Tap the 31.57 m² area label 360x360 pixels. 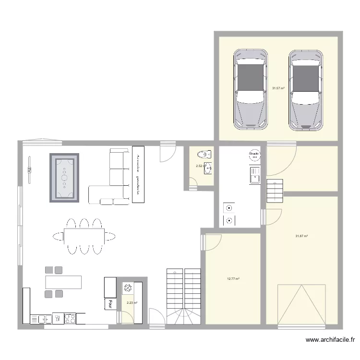[278, 88]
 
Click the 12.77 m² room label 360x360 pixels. [233, 278]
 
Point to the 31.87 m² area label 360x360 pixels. [301, 236]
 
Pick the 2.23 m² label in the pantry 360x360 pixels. [132, 303]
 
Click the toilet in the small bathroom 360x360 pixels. [204, 155]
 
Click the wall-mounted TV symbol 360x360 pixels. [29, 170]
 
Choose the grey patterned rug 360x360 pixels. [64, 177]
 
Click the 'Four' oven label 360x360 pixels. [110, 304]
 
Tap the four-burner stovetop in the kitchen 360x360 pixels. [70, 317]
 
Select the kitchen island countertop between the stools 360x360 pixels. [63, 281]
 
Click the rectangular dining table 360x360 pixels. [84, 236]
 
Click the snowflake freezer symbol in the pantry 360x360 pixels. [128, 288]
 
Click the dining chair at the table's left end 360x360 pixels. [58, 236]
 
